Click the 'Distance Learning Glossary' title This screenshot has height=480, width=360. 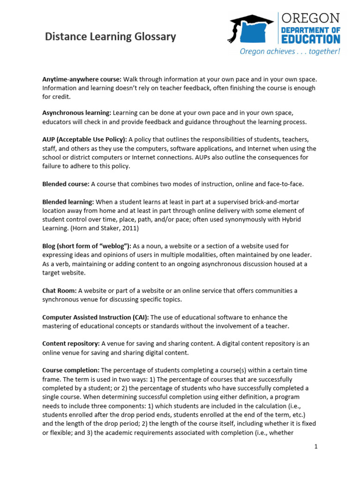click(x=110, y=37)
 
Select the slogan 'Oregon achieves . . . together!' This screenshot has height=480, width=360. click(x=290, y=51)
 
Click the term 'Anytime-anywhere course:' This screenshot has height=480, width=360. click(x=82, y=79)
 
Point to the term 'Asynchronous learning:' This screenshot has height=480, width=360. click(x=77, y=113)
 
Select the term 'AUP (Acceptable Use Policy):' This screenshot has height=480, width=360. click(x=84, y=140)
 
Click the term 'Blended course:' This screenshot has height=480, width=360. click(x=66, y=184)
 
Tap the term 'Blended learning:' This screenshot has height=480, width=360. click(x=68, y=202)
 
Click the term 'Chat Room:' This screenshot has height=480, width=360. click(x=60, y=291)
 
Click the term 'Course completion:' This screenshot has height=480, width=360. click(x=71, y=370)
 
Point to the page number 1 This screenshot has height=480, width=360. click(x=316, y=447)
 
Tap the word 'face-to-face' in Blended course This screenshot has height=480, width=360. click(x=290, y=184)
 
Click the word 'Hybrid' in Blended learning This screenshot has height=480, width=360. click(x=303, y=219)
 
